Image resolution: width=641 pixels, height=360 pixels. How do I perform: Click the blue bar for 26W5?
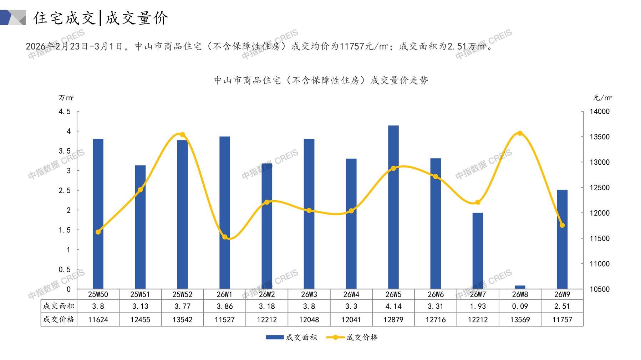pos(393,207)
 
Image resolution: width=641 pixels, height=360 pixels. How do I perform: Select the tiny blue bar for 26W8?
pos(520,287)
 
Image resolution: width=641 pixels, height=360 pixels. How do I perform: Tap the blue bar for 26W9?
pos(562,239)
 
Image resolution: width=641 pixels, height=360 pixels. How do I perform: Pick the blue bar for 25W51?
pos(140,227)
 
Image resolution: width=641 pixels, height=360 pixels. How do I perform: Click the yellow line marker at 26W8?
pos(520,133)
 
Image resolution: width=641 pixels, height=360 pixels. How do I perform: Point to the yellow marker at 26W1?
pos(225,237)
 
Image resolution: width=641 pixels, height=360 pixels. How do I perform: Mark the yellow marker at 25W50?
pos(98,232)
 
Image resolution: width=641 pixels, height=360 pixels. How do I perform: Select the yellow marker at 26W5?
pos(393,168)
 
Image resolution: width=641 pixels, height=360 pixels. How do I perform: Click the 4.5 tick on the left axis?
pos(65,112)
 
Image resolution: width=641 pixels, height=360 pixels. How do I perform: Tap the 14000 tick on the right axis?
pos(600,112)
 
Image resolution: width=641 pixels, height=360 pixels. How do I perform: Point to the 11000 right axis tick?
pos(600,264)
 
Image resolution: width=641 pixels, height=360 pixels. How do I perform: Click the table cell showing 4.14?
pos(393,306)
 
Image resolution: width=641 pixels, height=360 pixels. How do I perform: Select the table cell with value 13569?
pos(520,320)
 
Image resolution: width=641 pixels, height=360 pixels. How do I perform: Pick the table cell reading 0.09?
pos(520,306)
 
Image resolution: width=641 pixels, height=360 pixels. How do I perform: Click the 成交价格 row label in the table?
pos(58,319)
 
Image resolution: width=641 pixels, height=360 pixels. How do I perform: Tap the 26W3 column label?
pos(309,294)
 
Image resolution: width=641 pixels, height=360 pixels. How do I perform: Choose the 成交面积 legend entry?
pos(291,337)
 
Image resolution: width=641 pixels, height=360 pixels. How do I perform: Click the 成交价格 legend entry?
pos(352,337)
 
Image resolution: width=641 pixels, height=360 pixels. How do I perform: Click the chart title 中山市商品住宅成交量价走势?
pos(321,81)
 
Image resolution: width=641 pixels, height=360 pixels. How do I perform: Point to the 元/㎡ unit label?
pos(602,98)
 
